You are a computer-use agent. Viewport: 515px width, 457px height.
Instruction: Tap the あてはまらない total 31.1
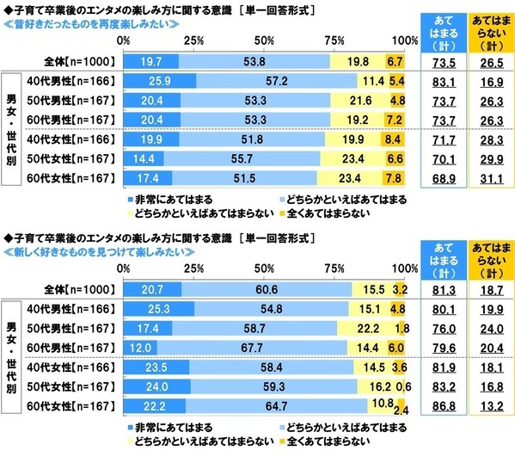(x=488, y=178)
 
